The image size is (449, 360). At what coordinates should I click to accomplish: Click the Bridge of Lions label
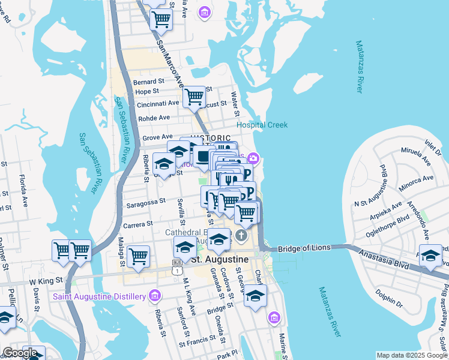click(304, 248)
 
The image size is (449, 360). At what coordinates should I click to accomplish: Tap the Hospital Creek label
click(262, 125)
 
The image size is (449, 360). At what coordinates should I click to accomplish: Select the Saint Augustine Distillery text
click(100, 296)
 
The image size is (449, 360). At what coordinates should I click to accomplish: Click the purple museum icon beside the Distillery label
click(155, 296)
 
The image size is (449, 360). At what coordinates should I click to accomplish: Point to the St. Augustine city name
click(219, 259)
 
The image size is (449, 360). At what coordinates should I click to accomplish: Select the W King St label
click(46, 280)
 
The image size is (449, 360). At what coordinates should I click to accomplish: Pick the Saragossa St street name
click(145, 202)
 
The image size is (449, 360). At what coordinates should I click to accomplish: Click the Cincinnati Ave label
click(158, 103)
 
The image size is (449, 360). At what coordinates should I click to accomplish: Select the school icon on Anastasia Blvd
click(430, 255)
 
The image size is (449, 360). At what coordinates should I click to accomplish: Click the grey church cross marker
click(242, 234)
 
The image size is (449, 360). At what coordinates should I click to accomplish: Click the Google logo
click(20, 353)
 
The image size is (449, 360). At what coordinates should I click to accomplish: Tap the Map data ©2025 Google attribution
click(412, 355)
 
